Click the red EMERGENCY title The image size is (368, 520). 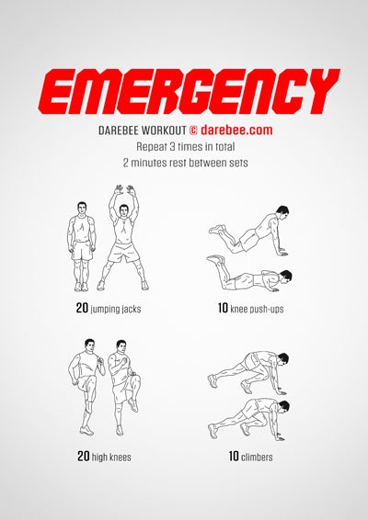pyautogui.click(x=184, y=92)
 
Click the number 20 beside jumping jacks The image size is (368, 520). pyautogui.click(x=83, y=308)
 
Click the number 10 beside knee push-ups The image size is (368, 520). pyautogui.click(x=223, y=308)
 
